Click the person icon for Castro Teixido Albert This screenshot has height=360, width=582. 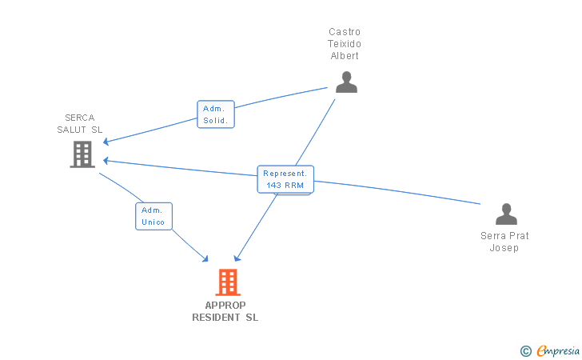point(346,82)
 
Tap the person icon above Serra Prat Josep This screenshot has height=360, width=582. point(506,214)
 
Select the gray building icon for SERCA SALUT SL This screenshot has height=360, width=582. point(82,154)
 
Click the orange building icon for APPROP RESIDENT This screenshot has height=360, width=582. point(228,282)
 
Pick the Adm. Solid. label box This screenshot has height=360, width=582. point(216,114)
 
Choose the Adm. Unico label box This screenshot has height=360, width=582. point(153,216)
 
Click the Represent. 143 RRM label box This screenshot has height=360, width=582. point(285,179)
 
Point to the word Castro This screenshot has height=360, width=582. point(345,32)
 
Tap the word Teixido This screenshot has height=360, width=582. point(345,44)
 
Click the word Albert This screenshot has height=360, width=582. point(345,56)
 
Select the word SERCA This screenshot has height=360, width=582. point(80,117)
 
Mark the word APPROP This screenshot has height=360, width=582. point(225,305)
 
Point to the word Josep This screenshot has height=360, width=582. point(504,248)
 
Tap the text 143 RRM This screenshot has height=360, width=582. point(285,186)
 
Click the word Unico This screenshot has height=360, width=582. point(153,222)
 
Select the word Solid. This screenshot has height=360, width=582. point(216,121)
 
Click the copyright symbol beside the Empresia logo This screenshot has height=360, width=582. point(525,350)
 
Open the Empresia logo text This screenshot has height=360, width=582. point(557,350)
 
